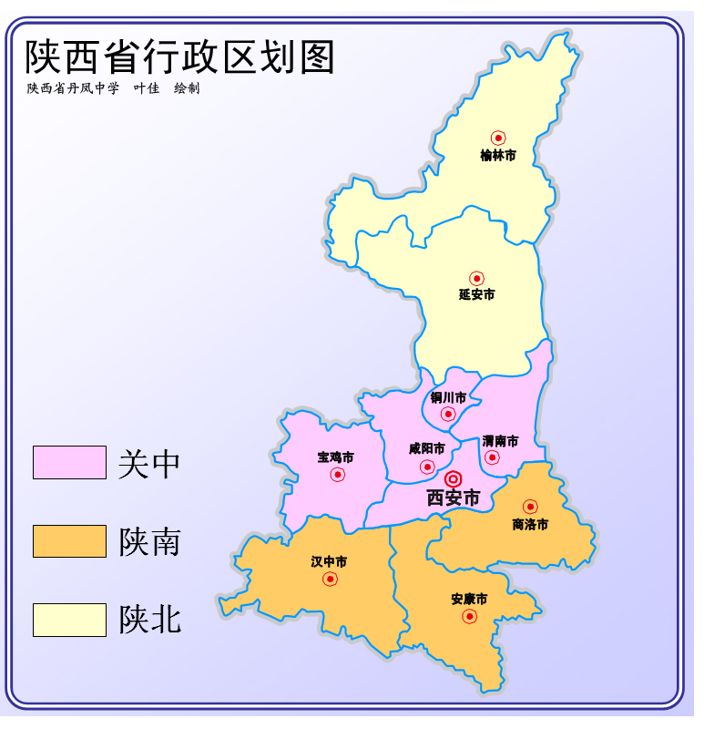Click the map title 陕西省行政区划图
pos(180,56)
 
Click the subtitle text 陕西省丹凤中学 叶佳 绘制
pos(113,88)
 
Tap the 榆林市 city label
pos(498,156)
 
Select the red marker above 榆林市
pos(498,138)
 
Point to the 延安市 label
pos(476,294)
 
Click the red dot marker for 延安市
pos(476,278)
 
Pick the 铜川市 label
pos(448,397)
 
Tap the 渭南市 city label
pos(500,441)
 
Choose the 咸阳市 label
pos(426,448)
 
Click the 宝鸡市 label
pos(335,457)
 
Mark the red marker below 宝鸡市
pos(338,474)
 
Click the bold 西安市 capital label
pos(453,498)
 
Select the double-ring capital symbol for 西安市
pos(453,478)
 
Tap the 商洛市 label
pos(530,524)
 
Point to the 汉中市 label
pos(329,561)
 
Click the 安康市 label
pos(469,599)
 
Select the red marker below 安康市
pos(469,616)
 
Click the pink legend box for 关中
pos(69,462)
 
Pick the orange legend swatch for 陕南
pos(69,541)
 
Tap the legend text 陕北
pos(150,620)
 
